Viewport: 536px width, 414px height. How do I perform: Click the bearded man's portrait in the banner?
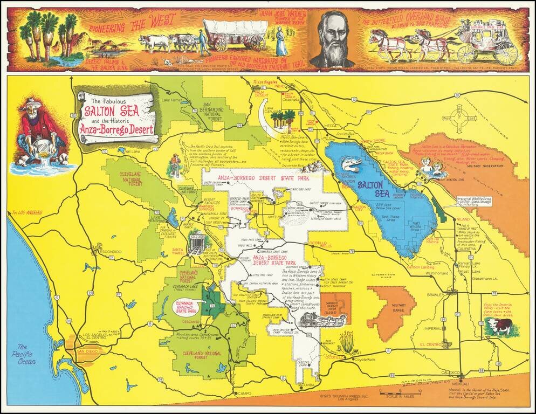coord(332,41)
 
